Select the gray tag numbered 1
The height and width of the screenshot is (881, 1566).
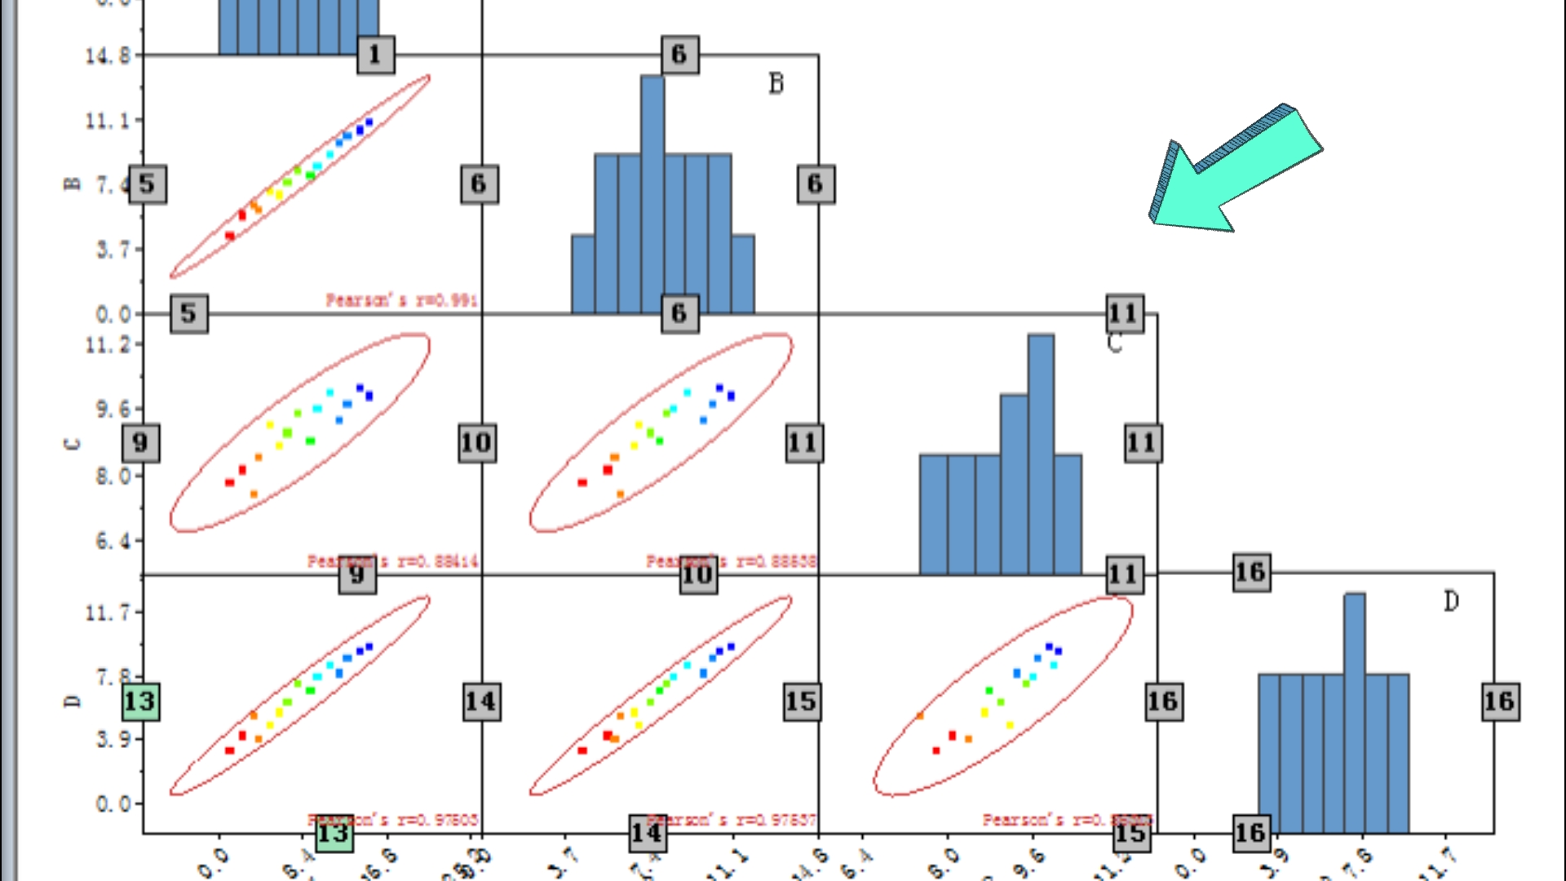point(375,55)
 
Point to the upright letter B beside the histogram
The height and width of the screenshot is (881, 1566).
point(776,83)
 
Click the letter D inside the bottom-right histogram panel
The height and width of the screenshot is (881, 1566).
point(1451,601)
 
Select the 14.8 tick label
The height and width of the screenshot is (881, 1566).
point(108,55)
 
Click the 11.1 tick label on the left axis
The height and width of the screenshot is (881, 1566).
point(108,121)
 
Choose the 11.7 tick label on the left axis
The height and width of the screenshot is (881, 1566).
point(108,612)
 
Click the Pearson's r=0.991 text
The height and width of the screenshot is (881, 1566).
point(401,300)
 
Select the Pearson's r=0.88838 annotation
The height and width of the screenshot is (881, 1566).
point(732,561)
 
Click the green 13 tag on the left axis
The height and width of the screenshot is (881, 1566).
point(140,702)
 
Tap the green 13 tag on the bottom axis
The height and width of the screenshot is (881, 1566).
point(334,834)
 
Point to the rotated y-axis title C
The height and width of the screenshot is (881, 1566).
point(72,444)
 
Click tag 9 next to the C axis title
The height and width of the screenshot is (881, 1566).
point(140,443)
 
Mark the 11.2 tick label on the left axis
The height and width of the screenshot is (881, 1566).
point(108,345)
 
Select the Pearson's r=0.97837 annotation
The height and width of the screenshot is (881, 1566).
point(732,819)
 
